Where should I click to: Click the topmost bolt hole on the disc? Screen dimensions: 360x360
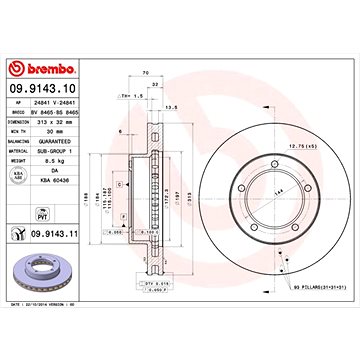click(273, 157)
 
